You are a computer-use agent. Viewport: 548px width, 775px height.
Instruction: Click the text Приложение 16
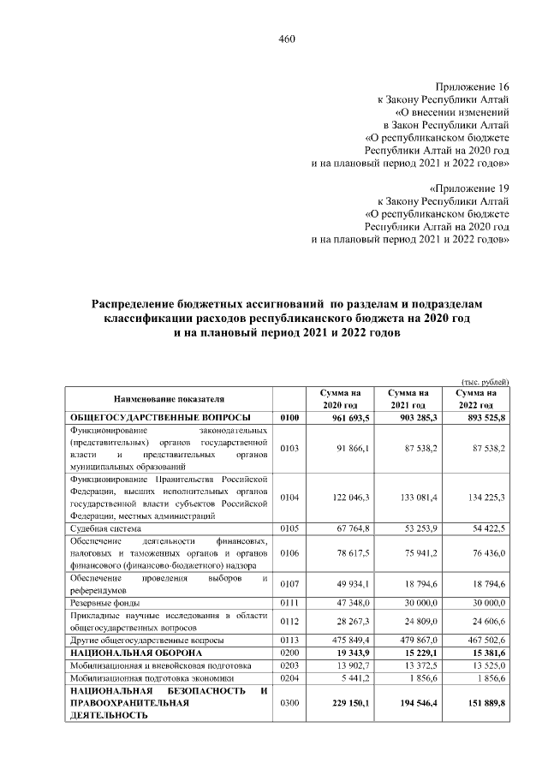tap(473, 87)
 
